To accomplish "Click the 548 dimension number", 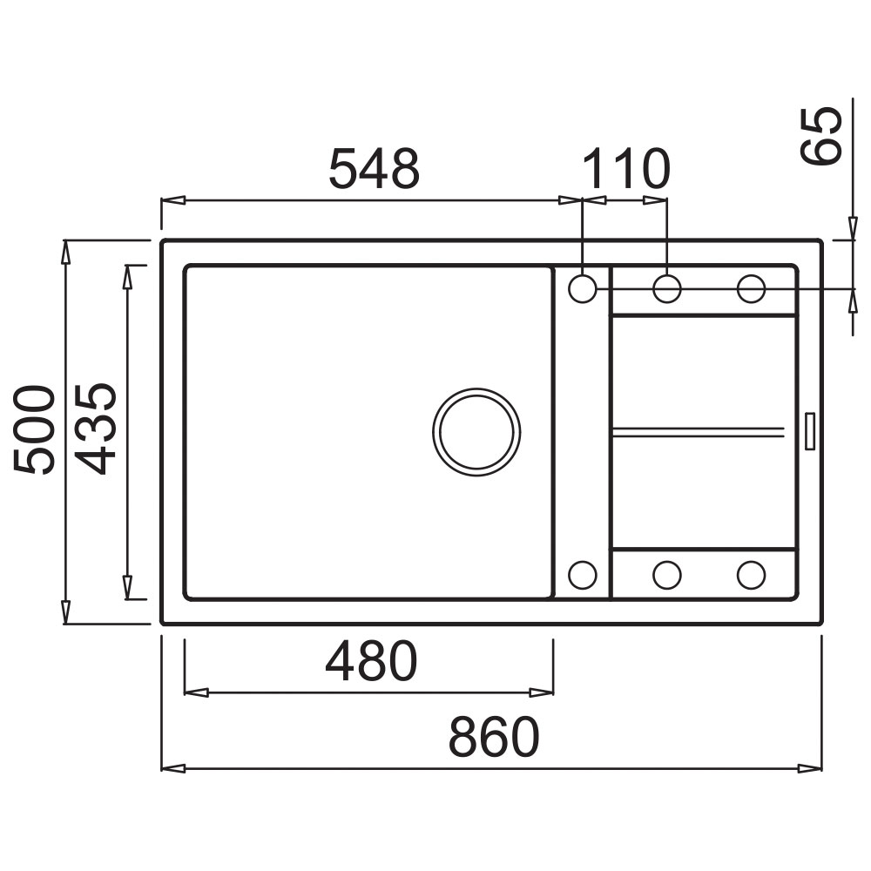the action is [x=375, y=168].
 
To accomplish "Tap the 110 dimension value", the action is [x=626, y=168].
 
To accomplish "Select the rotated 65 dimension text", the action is [x=821, y=136].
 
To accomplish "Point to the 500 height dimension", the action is [x=35, y=429].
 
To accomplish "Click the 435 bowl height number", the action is [x=95, y=429].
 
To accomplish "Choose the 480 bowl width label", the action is [x=371, y=661].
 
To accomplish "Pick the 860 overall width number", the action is [x=494, y=737].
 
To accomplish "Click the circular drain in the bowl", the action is [x=476, y=432].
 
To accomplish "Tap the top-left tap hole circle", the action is [x=583, y=289].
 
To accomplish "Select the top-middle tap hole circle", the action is [x=667, y=289].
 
